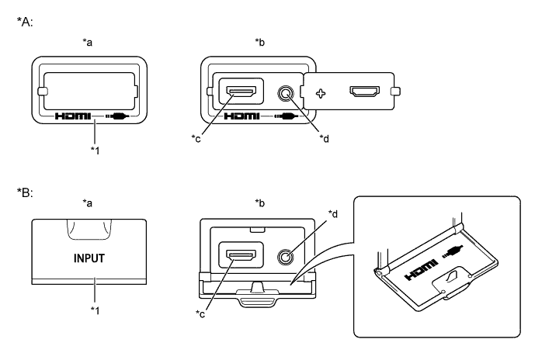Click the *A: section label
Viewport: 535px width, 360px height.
point(25,22)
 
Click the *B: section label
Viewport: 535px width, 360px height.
point(25,192)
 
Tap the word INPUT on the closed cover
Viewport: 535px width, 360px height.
point(89,258)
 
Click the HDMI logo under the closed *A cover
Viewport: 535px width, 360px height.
point(73,116)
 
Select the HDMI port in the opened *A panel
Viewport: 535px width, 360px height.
point(241,92)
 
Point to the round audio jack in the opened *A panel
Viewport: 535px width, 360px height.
point(285,93)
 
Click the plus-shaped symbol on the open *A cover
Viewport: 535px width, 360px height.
point(321,93)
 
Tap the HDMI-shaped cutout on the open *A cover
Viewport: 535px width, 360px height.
point(365,92)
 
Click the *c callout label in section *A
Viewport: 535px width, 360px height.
point(196,139)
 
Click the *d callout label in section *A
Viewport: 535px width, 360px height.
point(324,139)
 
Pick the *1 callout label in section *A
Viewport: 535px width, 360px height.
point(96,150)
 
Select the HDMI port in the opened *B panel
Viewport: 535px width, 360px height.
point(241,255)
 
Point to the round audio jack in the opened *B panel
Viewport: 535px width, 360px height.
point(285,256)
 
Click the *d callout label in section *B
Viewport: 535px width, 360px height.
point(333,214)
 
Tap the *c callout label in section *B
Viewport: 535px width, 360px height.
point(200,313)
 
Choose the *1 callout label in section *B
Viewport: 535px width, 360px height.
point(96,310)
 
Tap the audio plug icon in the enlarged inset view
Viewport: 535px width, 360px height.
point(453,251)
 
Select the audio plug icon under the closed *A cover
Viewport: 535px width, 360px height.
point(117,116)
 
